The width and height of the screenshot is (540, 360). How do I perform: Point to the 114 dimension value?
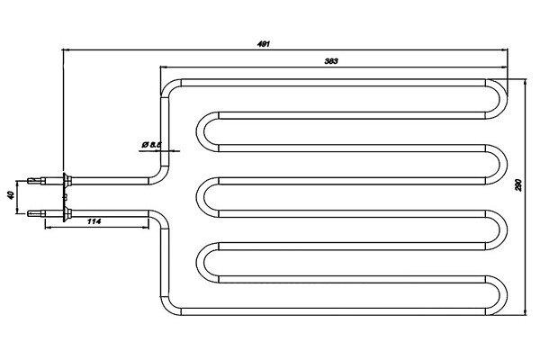click(93, 221)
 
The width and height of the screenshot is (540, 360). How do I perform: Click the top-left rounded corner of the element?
click(168, 88)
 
